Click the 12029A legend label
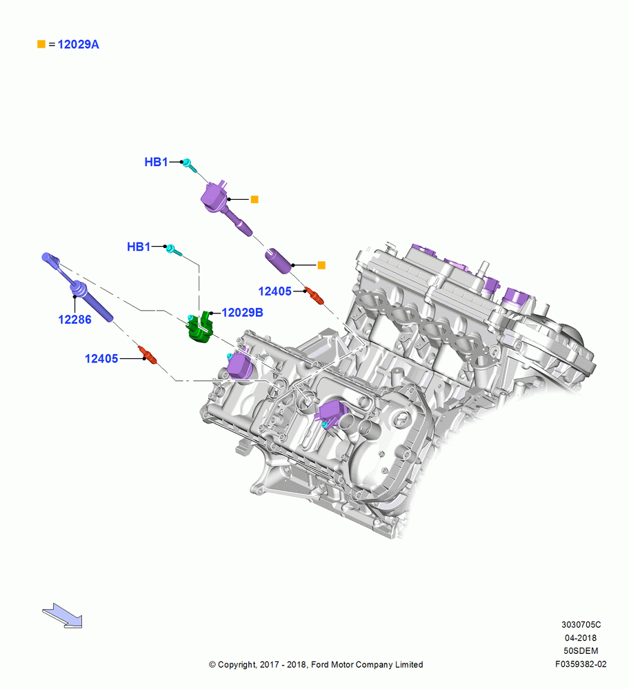pos(79,44)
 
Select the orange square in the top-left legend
pos(41,44)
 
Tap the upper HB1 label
pos(156,162)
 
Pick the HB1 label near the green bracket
pos(139,247)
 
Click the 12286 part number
pos(74,320)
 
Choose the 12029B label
pos(242,312)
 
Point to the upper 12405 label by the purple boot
pos(275,291)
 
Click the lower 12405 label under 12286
pos(101,359)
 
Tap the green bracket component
pos(200,327)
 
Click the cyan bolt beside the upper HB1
pos(190,165)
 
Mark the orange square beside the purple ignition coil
pos(254,200)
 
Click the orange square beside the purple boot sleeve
pos(321,265)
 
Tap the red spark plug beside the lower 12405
pos(148,355)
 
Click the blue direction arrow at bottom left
pos(62,615)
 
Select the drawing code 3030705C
pos(581,625)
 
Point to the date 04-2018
pos(581,638)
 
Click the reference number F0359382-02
pos(581,664)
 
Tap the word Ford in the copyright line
pos(320,665)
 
